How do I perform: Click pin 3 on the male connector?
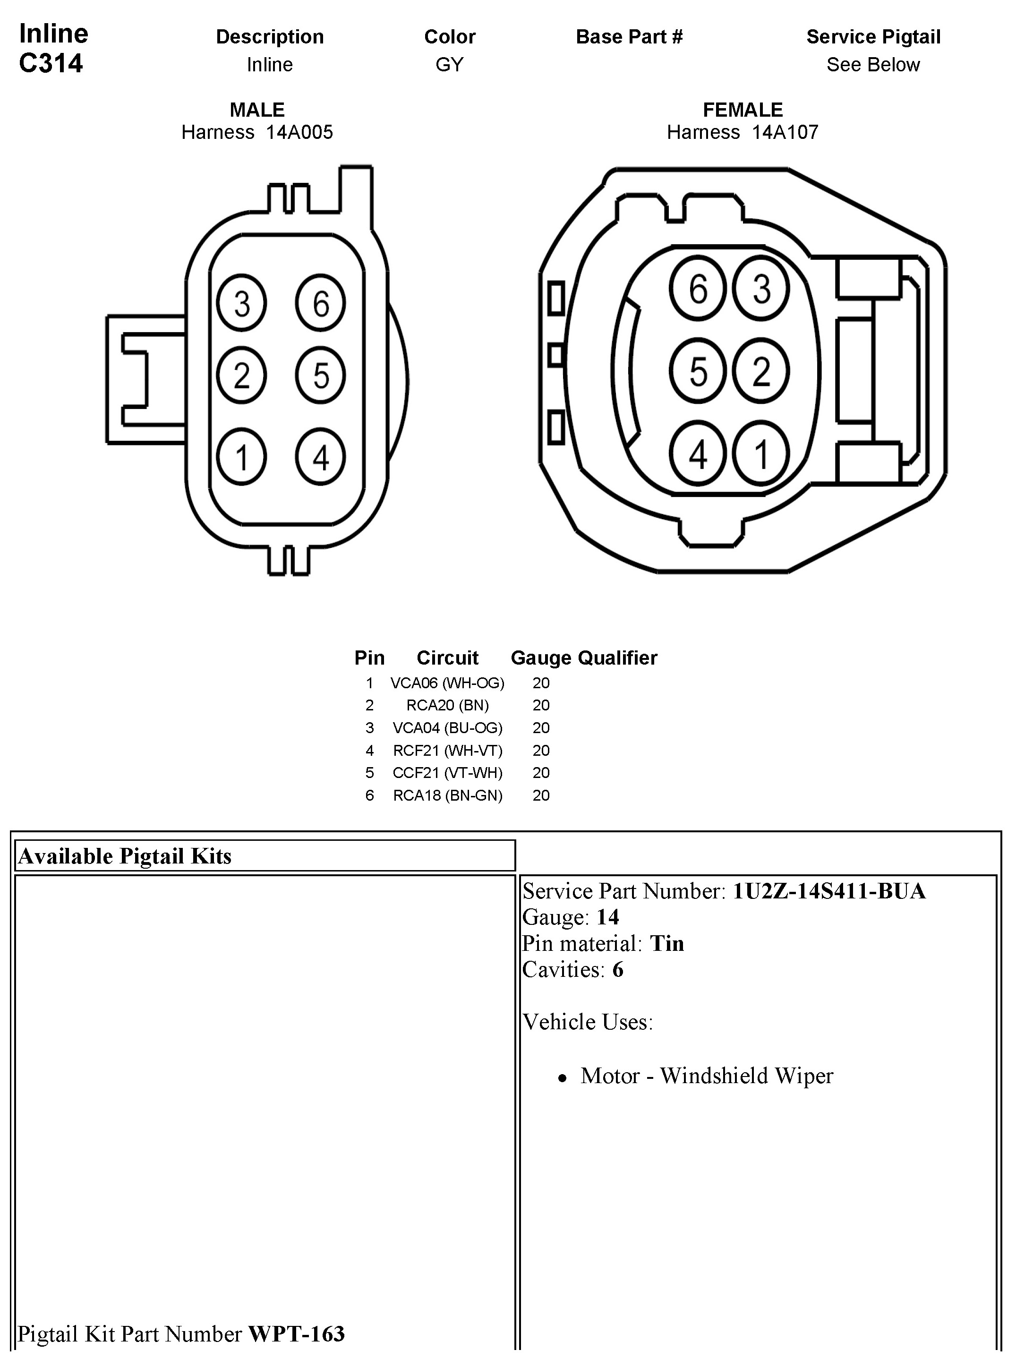[242, 303]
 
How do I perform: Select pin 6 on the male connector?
[320, 303]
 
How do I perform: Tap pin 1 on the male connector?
[242, 457]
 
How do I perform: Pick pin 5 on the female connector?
[698, 371]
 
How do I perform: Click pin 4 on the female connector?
[698, 454]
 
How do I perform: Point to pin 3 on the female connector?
[761, 289]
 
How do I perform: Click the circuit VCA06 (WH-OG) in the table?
[447, 683]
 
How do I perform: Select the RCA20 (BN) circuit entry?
[447, 705]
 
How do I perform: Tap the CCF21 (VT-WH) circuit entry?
[447, 773]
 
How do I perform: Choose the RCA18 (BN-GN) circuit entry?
[447, 796]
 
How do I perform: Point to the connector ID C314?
[51, 63]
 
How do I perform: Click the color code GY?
[450, 65]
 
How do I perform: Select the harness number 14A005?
[299, 132]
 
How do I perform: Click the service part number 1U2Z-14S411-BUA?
[828, 891]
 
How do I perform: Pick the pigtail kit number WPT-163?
[296, 1334]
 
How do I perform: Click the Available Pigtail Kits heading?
[125, 856]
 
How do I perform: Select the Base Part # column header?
[629, 37]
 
